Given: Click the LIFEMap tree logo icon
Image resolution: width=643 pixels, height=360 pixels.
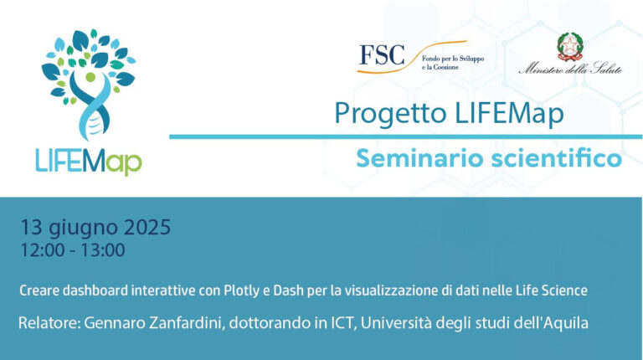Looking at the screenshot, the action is point(90,84).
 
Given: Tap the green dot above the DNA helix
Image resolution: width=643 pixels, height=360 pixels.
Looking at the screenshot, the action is point(90,77).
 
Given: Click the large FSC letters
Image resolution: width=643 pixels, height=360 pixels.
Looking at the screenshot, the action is point(382,55).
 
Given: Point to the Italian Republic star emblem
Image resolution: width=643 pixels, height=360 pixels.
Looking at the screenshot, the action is point(569,46).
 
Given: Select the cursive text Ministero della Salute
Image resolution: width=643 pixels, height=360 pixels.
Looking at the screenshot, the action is point(570,69).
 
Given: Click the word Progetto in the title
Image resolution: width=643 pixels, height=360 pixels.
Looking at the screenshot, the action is point(390,114).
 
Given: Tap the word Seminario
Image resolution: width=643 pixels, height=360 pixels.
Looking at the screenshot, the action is point(419,158).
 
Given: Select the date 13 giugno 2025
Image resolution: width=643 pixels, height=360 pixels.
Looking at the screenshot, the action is point(95,228).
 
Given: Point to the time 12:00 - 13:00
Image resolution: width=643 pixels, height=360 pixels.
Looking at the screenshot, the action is point(73,250).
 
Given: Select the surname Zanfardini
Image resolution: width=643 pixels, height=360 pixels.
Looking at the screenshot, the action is point(187,323).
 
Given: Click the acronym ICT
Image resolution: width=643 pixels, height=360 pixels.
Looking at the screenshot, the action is point(342,323).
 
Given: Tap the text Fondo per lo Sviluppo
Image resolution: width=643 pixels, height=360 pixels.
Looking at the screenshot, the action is point(453,59).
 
